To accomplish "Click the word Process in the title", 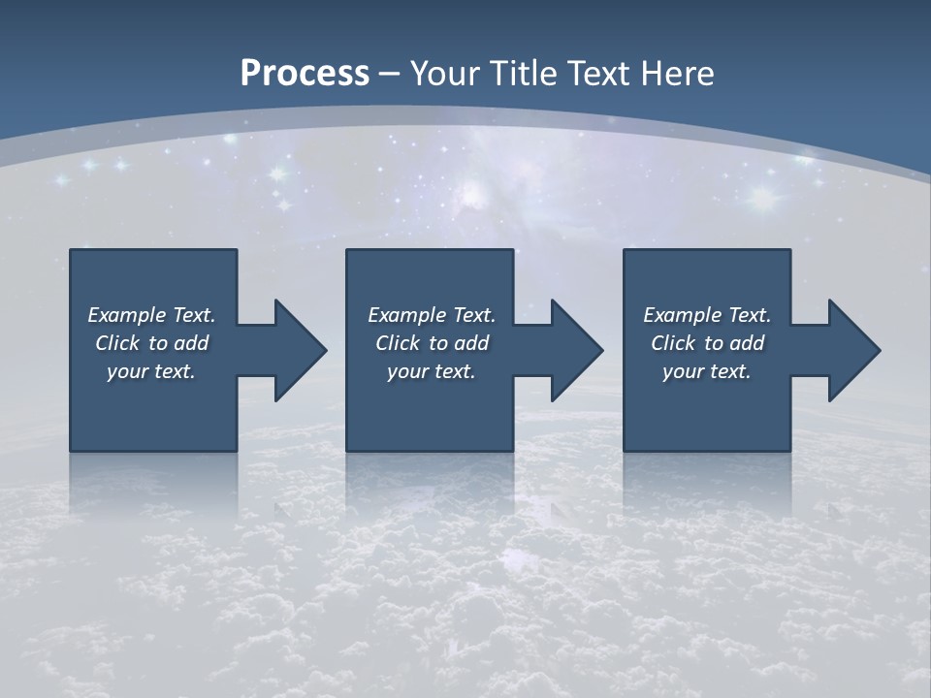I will tap(305, 74).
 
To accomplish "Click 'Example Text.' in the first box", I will tap(151, 315).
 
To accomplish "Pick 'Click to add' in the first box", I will tap(151, 343).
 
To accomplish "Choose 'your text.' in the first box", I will tap(151, 371).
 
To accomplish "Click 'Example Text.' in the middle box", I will tap(432, 315).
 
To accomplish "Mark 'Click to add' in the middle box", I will tap(432, 343).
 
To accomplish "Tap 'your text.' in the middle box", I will tap(432, 371).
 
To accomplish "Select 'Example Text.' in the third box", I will tap(707, 315).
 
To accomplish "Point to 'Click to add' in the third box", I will tap(707, 343).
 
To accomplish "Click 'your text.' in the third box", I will tap(707, 371).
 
